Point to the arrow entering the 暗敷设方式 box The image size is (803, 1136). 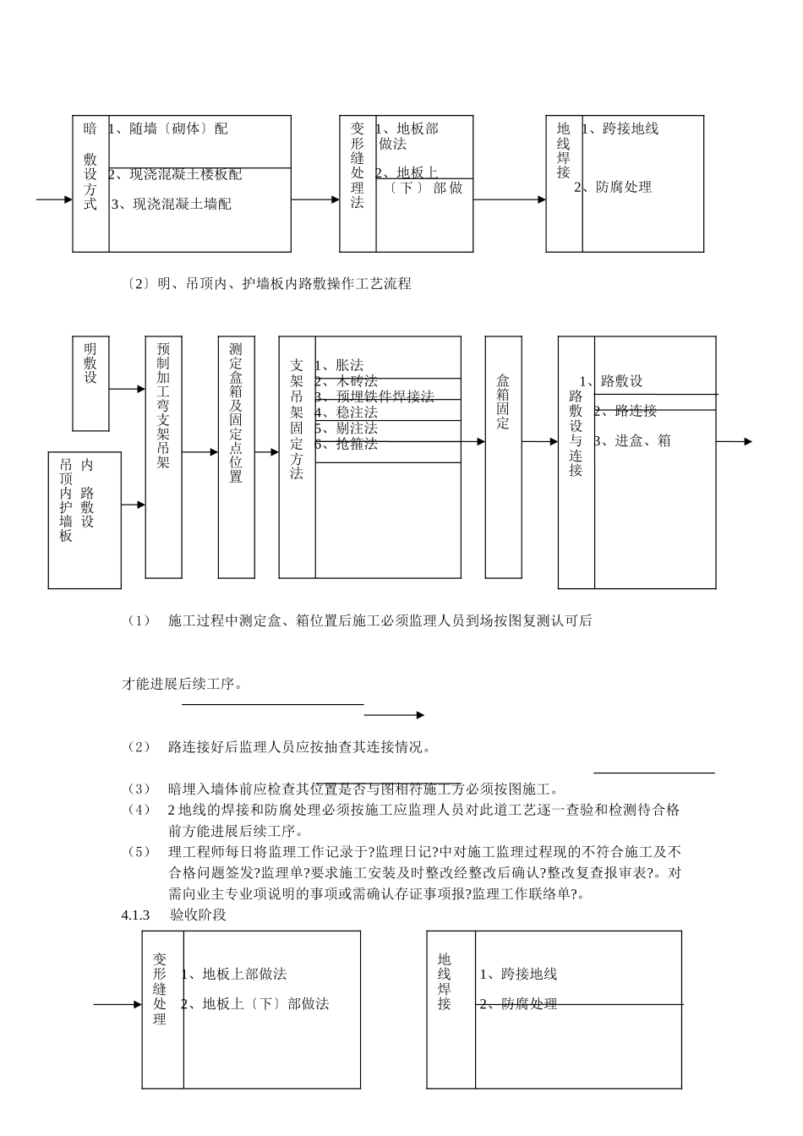(55, 200)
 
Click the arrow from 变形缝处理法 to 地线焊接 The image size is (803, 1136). (509, 200)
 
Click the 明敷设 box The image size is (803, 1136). (90, 382)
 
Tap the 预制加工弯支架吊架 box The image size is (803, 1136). (163, 456)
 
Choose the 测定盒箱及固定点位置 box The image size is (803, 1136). (236, 456)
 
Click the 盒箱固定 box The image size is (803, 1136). (503, 456)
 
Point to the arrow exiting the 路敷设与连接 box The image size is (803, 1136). (734, 441)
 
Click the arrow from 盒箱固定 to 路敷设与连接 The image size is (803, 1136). (539, 442)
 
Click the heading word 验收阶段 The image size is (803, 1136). (198, 915)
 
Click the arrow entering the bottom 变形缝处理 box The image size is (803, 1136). (117, 1005)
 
